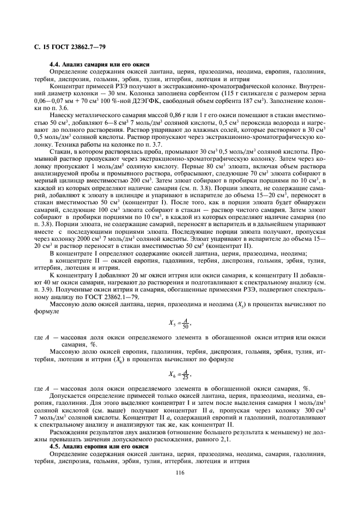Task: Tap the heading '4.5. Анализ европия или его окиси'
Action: point(99,446)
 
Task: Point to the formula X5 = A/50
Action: point(181,324)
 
